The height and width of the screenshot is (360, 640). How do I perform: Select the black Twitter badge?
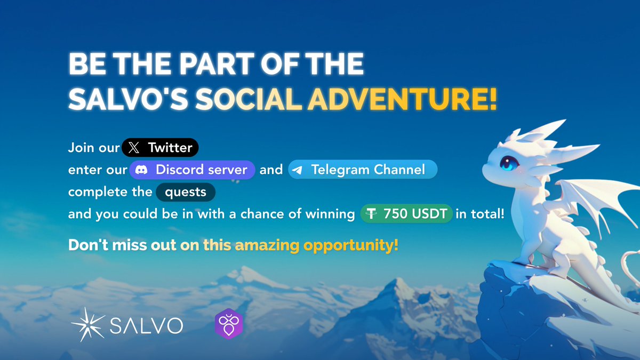(x=160, y=147)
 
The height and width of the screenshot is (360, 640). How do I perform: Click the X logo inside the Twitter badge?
(x=134, y=148)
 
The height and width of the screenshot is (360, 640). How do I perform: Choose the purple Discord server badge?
(x=192, y=170)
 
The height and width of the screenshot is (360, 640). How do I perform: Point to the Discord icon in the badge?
(x=141, y=170)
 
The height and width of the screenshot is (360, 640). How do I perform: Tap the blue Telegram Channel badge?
(x=363, y=170)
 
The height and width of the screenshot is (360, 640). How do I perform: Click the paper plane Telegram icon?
(x=298, y=170)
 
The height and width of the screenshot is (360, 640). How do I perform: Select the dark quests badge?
(x=186, y=192)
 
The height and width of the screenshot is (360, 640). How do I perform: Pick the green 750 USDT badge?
(x=406, y=214)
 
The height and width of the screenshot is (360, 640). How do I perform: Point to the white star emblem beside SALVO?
(x=88, y=324)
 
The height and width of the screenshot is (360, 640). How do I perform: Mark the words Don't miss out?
(x=122, y=246)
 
